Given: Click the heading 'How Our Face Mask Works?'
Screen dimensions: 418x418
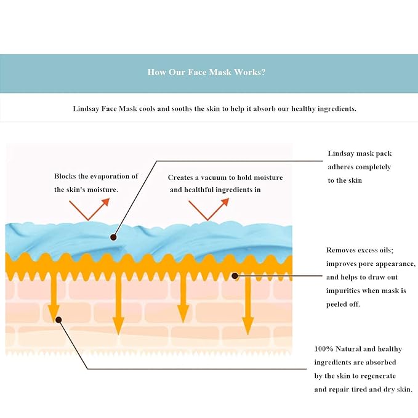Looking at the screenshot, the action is click(x=207, y=72).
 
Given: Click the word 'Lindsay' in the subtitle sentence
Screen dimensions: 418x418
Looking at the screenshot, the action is click(x=86, y=109).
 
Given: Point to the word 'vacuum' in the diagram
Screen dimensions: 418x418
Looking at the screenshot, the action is click(x=215, y=177).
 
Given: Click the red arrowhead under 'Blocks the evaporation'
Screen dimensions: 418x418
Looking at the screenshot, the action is click(x=105, y=202).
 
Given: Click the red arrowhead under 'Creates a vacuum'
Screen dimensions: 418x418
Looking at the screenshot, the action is click(x=225, y=202).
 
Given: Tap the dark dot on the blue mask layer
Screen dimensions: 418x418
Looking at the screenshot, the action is click(x=113, y=237).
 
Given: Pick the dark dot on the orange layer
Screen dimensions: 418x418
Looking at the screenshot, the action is click(x=235, y=276).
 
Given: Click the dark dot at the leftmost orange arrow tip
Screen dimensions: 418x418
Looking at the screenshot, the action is click(x=58, y=320).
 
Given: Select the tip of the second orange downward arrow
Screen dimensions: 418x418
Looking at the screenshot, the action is click(x=118, y=334).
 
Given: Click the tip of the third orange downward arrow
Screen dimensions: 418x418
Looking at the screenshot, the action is click(x=183, y=323).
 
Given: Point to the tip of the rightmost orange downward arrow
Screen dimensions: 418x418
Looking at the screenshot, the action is click(x=248, y=334).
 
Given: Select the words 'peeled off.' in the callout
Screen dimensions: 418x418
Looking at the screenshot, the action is click(x=343, y=304).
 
